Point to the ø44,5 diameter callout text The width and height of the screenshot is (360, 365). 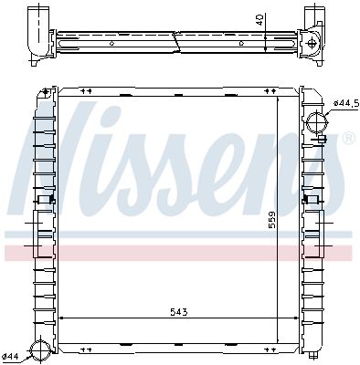pos(344,103)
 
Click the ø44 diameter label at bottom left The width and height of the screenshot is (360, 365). pos(11,356)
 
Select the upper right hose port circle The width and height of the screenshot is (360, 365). pos(316,121)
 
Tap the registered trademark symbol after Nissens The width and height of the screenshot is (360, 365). pos(347,139)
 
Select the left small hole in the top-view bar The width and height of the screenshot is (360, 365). pos(111,43)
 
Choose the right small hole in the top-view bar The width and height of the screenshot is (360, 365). pos(241,43)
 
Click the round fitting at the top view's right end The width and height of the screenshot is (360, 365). pos(312,42)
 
